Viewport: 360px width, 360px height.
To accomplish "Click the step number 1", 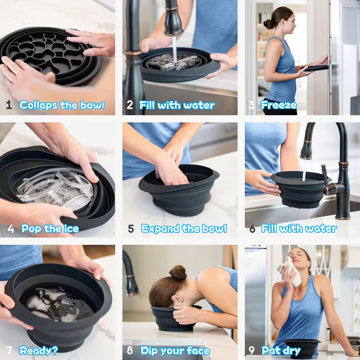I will [9, 105].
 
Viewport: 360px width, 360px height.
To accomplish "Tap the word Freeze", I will [279, 105].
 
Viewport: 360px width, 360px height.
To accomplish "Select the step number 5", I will [130, 229].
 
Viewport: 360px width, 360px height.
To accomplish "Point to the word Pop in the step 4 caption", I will [30, 229].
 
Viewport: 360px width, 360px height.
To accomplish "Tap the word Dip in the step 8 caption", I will [150, 351].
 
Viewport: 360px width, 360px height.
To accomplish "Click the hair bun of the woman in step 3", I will [267, 24].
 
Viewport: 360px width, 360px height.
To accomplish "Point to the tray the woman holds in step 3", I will [316, 68].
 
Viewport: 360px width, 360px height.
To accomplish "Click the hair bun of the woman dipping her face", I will [178, 272].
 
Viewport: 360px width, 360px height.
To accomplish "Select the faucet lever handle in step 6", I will [324, 175].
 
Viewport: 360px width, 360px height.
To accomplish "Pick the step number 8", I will [130, 351].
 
